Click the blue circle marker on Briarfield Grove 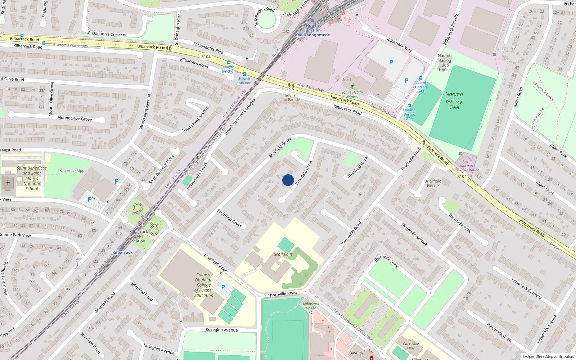pyautogui.click(x=288, y=180)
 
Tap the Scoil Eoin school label pyautogui.click(x=283, y=254)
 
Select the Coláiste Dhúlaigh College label pyautogui.click(x=204, y=285)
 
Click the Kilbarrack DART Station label pyautogui.click(x=139, y=236)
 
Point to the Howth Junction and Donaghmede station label pyautogui.click(x=312, y=30)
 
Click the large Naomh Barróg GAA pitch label pyautogui.click(x=454, y=100)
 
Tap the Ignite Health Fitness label pyautogui.click(x=352, y=94)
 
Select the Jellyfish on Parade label pyautogui.click(x=291, y=98)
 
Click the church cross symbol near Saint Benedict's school pyautogui.click(x=8, y=183)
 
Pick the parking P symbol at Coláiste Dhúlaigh pyautogui.click(x=223, y=287)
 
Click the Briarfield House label pyautogui.click(x=433, y=184)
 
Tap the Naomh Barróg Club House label pyautogui.click(x=445, y=63)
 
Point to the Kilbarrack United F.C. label pyautogui.click(x=311, y=308)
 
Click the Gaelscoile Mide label pyautogui.click(x=411, y=346)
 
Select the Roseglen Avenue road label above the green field pyautogui.click(x=222, y=330)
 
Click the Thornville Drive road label pyautogui.click(x=386, y=261)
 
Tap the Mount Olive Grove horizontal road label pyautogui.click(x=75, y=118)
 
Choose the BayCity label pyautogui.click(x=356, y=353)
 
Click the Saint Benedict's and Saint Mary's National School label pyautogui.click(x=32, y=178)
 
